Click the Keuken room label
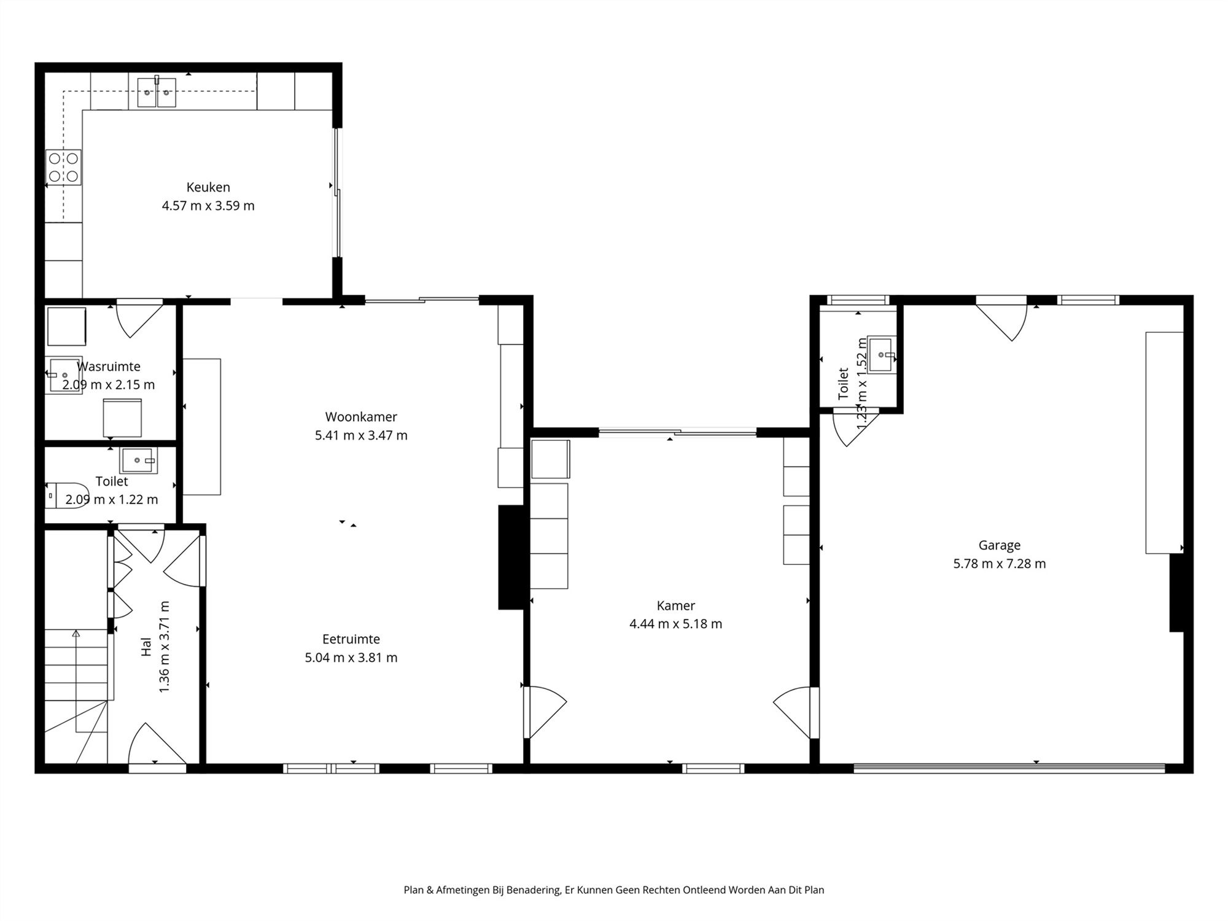pos(208,187)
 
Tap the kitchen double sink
pos(157,92)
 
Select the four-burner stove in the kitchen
pos(63,168)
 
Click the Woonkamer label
pos(361,417)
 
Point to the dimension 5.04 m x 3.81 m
pos(351,658)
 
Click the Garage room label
pos(1000,545)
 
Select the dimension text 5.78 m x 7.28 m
pos(1000,564)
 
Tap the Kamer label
pos(676,605)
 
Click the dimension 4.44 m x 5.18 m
pos(676,624)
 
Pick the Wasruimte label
pos(109,367)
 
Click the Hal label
pos(146,647)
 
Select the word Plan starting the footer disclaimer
pos(414,890)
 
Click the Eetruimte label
pos(351,639)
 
